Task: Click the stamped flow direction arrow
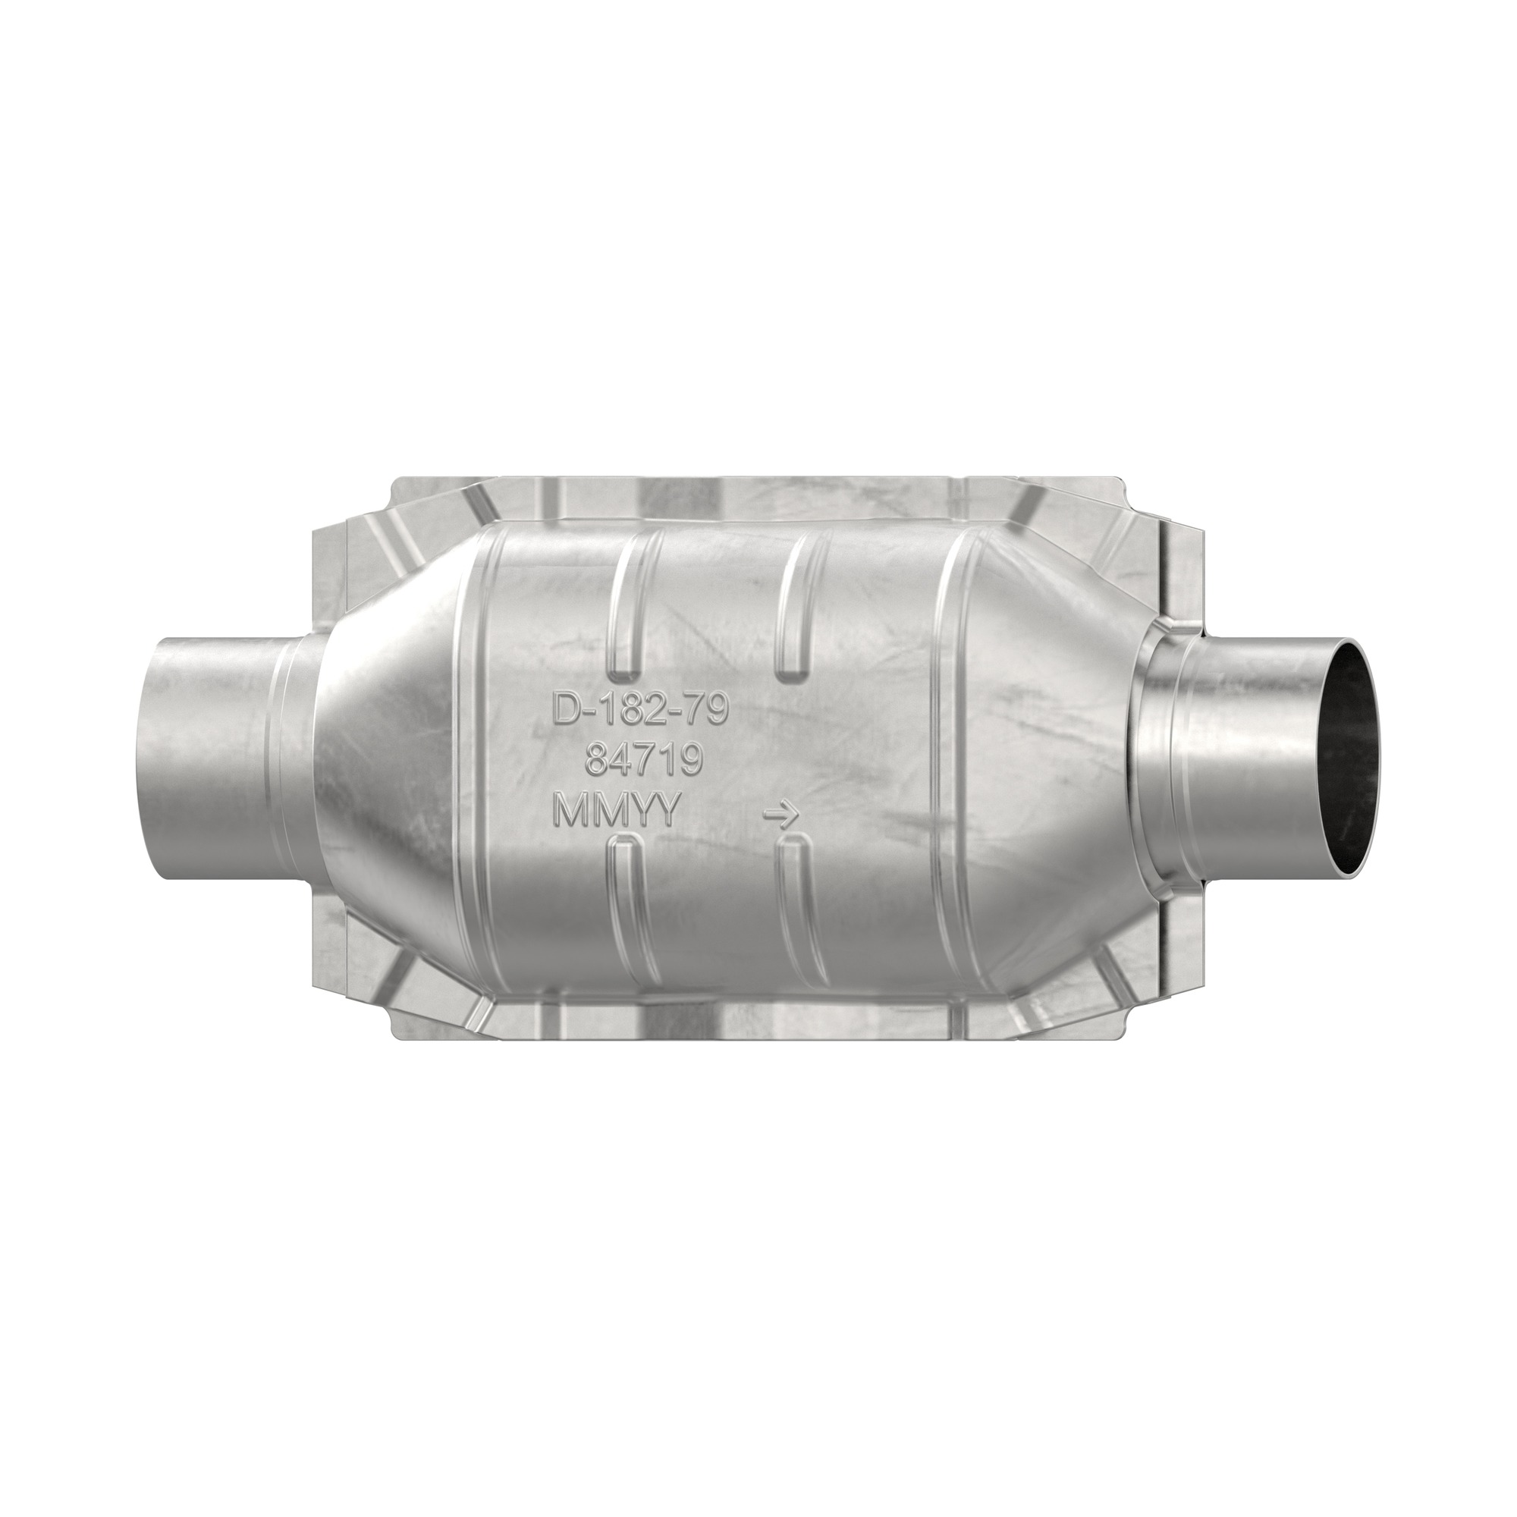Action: click(781, 817)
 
